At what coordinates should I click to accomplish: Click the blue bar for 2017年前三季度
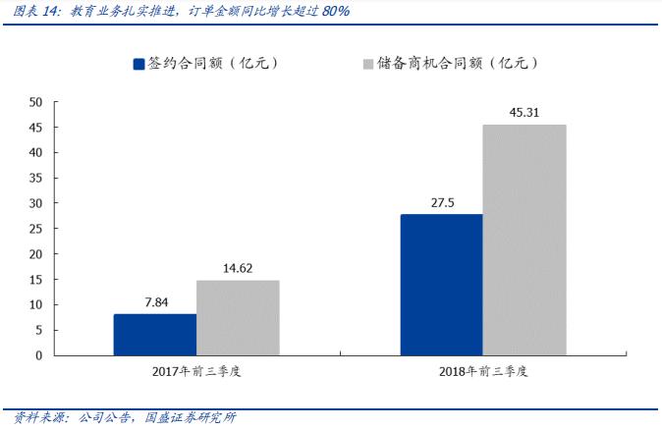tap(154, 334)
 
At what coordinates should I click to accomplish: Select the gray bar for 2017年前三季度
tap(238, 317)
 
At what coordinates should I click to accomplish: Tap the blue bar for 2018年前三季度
tap(441, 284)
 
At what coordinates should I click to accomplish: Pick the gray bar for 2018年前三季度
tap(524, 239)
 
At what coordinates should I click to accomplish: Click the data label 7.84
tap(154, 302)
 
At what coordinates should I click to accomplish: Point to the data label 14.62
tap(238, 268)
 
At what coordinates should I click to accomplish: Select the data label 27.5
tap(441, 202)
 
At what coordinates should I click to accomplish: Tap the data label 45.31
tap(524, 112)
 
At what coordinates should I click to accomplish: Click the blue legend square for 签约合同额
tap(139, 64)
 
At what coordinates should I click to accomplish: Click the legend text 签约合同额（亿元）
tap(213, 64)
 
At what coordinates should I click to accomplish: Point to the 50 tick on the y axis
tap(35, 102)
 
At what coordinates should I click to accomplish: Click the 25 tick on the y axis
tap(35, 229)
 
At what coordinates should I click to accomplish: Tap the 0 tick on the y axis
tap(39, 355)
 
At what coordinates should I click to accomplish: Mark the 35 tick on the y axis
tap(35, 178)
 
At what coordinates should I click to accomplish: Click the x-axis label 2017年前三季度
tap(196, 372)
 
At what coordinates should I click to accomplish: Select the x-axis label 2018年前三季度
tap(482, 372)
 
